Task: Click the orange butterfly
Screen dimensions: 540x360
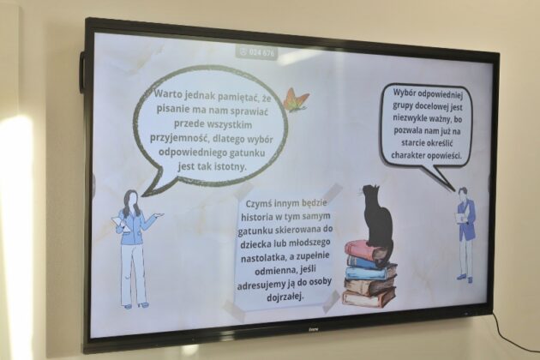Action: click(x=296, y=99)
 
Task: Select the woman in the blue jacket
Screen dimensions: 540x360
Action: click(x=135, y=248)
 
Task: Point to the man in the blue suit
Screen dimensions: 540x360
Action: click(x=465, y=234)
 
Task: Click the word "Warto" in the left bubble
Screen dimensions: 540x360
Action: click(x=168, y=93)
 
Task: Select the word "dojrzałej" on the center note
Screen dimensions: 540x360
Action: click(x=285, y=297)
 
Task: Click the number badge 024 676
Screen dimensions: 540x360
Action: click(x=257, y=52)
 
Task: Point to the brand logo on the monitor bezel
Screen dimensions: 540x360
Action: click(x=313, y=330)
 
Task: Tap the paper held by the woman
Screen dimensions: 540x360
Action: click(x=120, y=223)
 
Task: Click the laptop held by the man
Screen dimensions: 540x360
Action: click(x=459, y=218)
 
